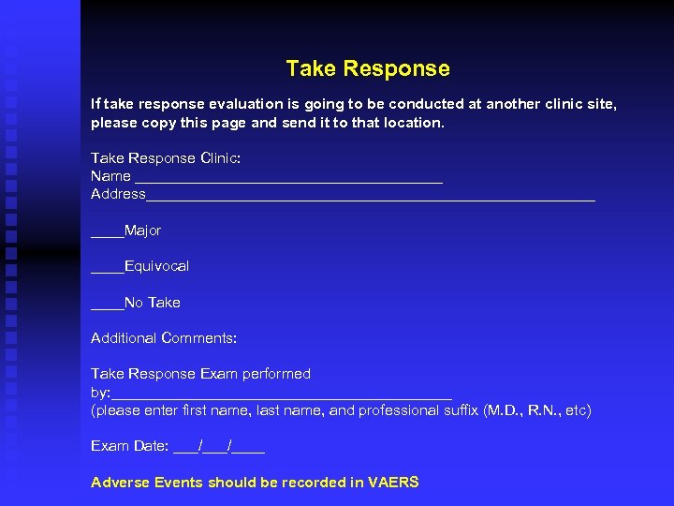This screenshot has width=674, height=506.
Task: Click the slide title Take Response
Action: point(368,68)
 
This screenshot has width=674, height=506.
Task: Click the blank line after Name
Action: point(288,178)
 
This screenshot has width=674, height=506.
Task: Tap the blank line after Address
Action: point(370,196)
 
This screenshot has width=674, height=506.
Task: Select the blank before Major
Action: point(107,232)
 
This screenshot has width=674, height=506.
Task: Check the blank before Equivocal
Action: point(107,269)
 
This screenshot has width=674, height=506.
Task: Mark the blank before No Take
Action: point(107,305)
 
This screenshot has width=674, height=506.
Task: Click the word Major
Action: point(142,231)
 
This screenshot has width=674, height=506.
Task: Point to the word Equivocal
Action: point(156,266)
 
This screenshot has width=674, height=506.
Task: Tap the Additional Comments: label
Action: point(164,337)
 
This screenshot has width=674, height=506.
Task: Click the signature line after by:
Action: point(281,394)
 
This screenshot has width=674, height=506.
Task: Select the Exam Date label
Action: point(129,446)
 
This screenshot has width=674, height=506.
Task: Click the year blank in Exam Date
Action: point(249,449)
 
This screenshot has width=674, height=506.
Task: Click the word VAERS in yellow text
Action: point(393,483)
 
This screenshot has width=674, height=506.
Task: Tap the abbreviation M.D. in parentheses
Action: point(503,410)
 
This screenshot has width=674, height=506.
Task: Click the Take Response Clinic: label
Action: point(166,158)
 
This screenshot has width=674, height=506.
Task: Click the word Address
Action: point(118,194)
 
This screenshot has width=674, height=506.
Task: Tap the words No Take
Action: point(152,303)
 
